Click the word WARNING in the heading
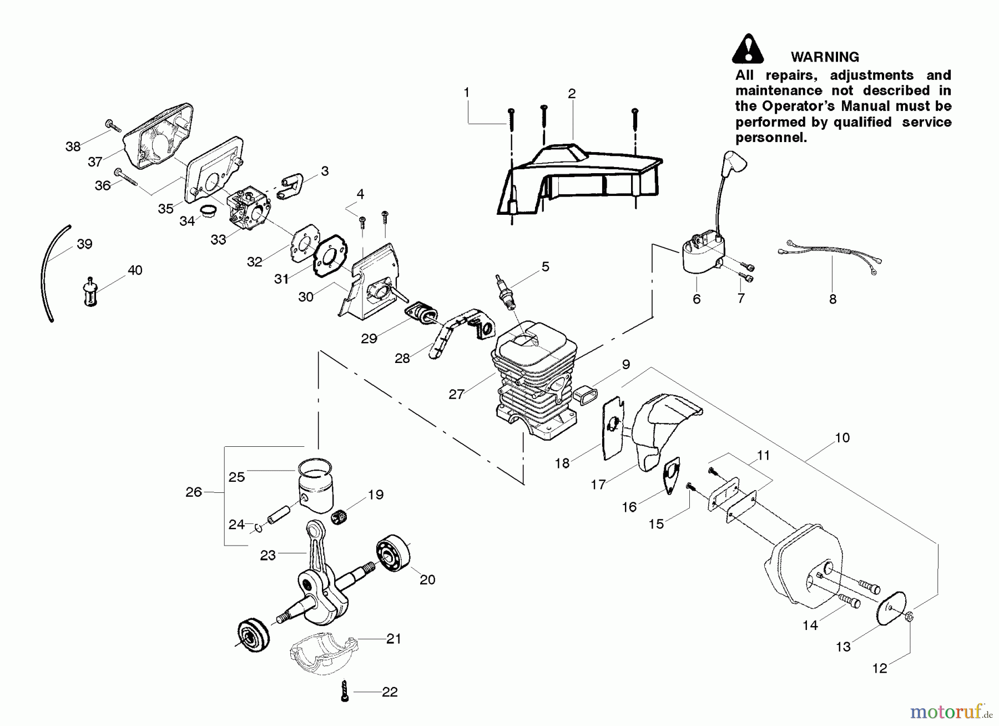tap(824, 57)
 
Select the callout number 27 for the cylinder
tap(456, 395)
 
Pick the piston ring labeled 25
tap(314, 469)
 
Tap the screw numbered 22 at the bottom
tap(345, 692)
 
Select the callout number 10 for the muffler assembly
tap(842, 438)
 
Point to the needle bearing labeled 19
tap(343, 517)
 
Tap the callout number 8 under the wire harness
tap(832, 300)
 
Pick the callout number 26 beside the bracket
tap(194, 492)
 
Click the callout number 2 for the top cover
tap(572, 94)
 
